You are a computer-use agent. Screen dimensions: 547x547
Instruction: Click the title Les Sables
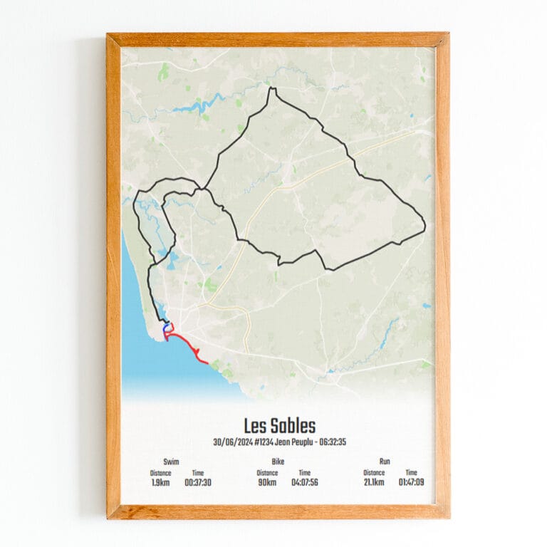point(279,427)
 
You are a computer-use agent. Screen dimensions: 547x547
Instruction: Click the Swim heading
point(171,462)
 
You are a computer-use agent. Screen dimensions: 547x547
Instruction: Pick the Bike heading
point(278,462)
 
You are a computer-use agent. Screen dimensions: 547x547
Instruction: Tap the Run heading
point(385,462)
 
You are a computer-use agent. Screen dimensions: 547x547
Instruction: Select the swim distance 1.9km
point(160,482)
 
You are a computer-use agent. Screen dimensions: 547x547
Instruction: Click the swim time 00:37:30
point(198,482)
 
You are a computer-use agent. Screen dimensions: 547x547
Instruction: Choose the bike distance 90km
point(267,482)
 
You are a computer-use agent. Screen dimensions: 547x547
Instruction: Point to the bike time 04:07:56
point(305,482)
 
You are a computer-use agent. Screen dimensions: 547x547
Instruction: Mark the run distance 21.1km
point(374,482)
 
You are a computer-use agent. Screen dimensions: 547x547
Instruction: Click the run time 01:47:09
point(412,482)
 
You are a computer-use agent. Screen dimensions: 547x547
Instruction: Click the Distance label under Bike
point(267,473)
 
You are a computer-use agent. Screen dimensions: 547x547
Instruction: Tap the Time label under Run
point(412,473)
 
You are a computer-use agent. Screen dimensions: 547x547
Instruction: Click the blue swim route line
point(165,328)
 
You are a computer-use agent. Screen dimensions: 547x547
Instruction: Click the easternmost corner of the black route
point(425,227)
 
